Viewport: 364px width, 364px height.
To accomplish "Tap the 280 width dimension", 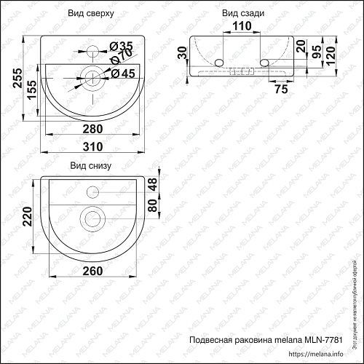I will pos(91,129).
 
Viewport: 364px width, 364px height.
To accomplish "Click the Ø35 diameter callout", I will pos(122,47).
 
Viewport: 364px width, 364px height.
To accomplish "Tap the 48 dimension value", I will pos(152,186).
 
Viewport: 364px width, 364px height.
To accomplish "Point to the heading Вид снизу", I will pos(90,165).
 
